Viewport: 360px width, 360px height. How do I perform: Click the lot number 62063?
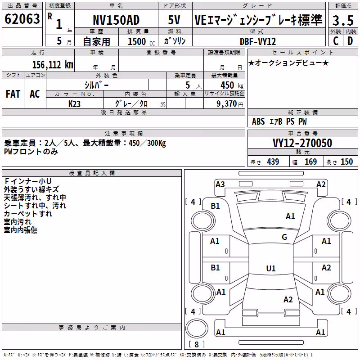tap(22, 19)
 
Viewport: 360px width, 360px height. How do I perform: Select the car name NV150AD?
tap(116, 20)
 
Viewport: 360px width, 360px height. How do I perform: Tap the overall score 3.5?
tap(343, 20)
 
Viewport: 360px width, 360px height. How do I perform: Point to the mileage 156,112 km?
tap(53, 65)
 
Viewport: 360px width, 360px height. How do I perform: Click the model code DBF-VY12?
tap(257, 41)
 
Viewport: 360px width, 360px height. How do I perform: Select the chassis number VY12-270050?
tap(302, 143)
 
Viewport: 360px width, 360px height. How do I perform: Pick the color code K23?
tap(74, 104)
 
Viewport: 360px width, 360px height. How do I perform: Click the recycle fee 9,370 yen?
tap(230, 104)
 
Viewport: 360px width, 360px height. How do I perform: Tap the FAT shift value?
tap(13, 94)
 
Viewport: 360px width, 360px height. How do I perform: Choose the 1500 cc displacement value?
tap(141, 42)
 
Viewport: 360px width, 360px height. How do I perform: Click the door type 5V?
tap(174, 20)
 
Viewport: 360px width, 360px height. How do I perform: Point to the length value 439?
tap(273, 162)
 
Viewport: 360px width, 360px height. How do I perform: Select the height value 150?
tap(346, 162)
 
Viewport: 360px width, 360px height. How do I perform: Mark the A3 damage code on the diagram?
tap(220, 184)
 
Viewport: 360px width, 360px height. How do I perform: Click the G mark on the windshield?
tap(284, 237)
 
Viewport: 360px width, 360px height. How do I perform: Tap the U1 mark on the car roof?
tap(271, 268)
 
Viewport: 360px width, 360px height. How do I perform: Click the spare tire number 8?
tap(197, 344)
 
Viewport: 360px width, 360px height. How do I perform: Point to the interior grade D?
tap(350, 41)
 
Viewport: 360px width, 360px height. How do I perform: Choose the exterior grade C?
tap(336, 41)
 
